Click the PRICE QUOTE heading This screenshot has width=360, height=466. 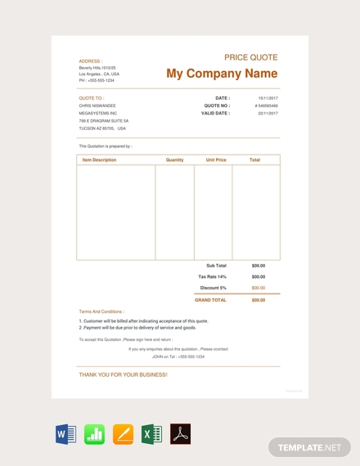coord(250,57)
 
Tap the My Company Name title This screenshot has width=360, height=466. coord(222,74)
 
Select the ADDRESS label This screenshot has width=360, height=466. coord(90,61)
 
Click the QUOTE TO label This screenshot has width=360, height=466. coord(91,98)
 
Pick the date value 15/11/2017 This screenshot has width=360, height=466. coord(268,98)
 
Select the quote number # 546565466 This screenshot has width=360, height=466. coord(266,105)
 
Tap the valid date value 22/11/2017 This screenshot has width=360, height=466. coord(268,114)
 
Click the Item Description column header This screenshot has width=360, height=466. coord(99,160)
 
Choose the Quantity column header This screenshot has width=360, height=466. coord(174,160)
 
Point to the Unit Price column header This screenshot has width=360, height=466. coord(216,160)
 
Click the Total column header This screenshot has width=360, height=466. coord(254,160)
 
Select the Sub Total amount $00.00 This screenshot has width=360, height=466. coord(258,266)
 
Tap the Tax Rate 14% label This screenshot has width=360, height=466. coord(212,276)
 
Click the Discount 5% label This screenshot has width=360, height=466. coord(212,288)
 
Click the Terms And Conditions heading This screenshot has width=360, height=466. coord(101,311)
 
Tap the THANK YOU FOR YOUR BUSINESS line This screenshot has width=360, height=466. coord(123,374)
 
